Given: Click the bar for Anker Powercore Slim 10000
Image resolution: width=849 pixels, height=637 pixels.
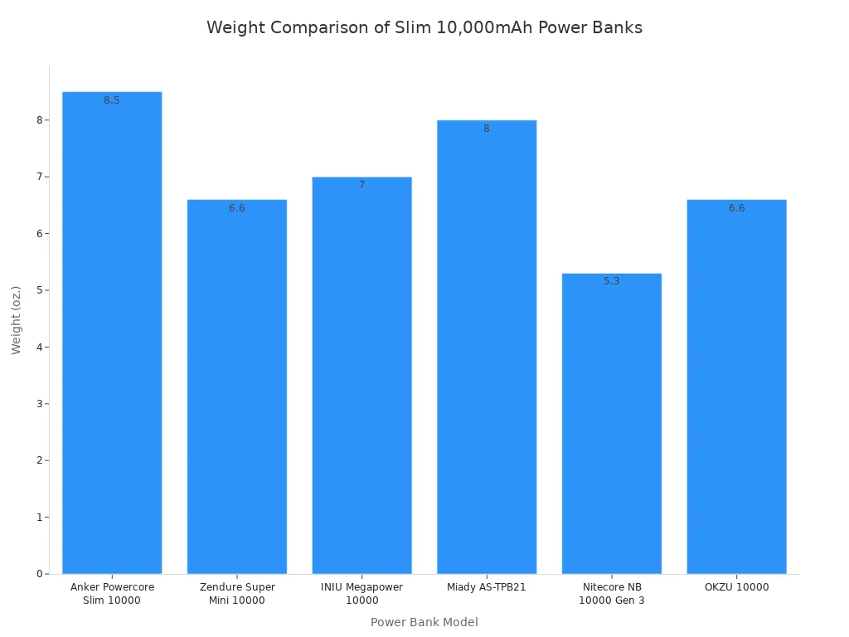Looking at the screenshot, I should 112,332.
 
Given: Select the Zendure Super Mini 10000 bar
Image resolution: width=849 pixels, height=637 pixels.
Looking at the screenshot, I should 237,386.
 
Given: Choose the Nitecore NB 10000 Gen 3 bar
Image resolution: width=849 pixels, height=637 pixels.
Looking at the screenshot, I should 612,423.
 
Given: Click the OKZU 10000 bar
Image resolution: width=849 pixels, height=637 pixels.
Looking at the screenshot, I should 736,386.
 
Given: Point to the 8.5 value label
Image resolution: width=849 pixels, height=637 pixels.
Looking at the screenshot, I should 112,100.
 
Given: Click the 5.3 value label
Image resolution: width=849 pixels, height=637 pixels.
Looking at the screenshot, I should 612,281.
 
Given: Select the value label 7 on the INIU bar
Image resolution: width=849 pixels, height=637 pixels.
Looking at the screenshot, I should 361,185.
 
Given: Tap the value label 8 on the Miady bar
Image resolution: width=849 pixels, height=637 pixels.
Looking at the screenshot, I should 487,129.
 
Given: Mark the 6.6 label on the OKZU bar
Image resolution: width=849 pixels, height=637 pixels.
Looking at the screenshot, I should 736,208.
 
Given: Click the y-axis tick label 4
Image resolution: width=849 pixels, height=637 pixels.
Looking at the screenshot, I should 39,347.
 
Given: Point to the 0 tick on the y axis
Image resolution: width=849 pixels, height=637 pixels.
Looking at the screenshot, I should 39,574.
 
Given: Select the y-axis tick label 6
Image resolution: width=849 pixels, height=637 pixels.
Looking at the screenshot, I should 39,233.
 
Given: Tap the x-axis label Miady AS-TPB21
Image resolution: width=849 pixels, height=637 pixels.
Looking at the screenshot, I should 487,587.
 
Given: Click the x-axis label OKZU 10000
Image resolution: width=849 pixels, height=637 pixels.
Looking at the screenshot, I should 736,587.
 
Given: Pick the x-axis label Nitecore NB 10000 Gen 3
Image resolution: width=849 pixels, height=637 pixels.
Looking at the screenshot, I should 612,594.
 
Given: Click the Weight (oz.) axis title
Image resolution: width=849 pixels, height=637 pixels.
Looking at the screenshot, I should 17,320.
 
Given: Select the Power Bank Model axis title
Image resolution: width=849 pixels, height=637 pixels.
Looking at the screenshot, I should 424,622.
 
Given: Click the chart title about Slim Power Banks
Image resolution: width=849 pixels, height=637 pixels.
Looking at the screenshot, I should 424,28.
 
